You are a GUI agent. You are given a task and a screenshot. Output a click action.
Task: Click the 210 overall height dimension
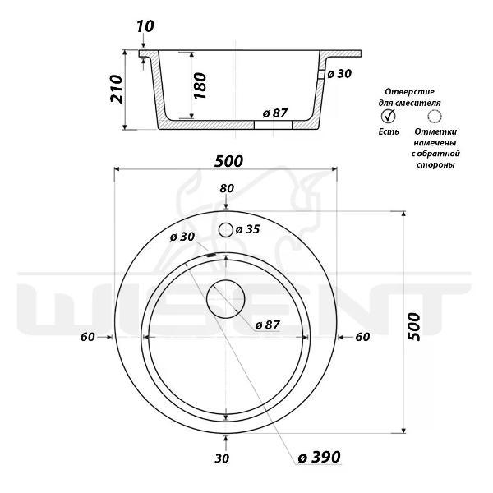[117, 89]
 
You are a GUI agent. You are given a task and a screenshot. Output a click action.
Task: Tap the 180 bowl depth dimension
[200, 85]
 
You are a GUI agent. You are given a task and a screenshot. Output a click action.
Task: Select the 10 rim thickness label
[145, 26]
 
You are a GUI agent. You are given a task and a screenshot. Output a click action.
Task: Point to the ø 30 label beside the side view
[339, 74]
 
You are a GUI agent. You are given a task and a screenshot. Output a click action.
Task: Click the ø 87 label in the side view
[275, 113]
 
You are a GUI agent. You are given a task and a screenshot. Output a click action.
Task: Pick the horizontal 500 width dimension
[228, 161]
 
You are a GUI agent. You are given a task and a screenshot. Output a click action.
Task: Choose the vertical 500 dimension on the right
[414, 326]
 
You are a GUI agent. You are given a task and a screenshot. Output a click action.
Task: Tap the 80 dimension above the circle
[227, 188]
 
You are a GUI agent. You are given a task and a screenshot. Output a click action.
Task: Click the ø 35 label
[248, 229]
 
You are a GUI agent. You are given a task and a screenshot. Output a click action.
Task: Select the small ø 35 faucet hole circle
[226, 230]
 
